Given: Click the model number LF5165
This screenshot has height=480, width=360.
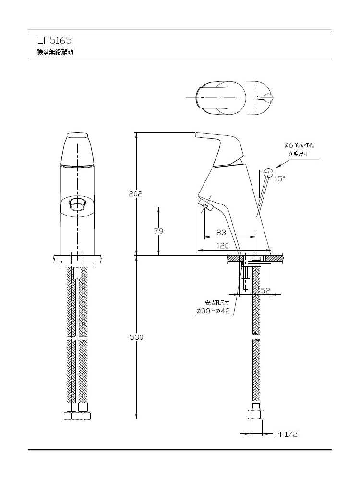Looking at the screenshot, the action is (x=54, y=40).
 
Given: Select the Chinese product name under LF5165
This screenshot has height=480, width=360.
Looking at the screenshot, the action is (x=55, y=52).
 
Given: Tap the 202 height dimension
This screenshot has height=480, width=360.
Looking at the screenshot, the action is (x=136, y=194).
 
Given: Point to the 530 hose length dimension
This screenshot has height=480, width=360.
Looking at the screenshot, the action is (x=136, y=337).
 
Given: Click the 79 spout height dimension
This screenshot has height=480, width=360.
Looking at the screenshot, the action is (x=158, y=231).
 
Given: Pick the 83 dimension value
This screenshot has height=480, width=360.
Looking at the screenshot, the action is (x=221, y=233).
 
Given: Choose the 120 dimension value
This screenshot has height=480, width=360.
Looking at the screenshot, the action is (x=223, y=245).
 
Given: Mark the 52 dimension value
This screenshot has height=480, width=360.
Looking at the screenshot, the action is (x=265, y=290).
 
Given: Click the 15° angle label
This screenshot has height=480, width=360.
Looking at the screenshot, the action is (x=279, y=179).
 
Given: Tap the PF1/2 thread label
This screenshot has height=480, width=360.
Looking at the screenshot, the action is (x=286, y=434).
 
